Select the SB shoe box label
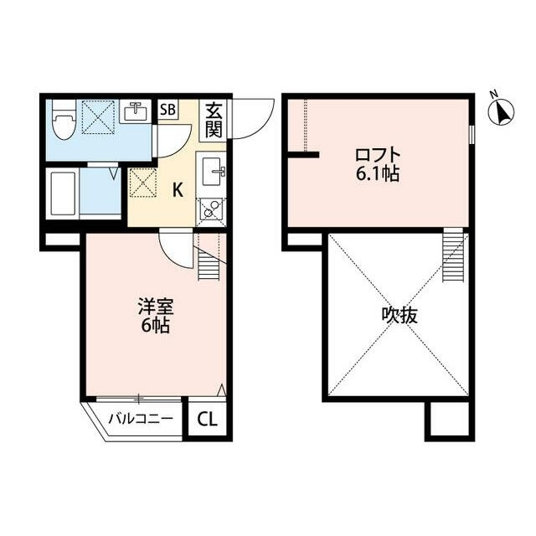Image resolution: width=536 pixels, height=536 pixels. pyautogui.click(x=167, y=111)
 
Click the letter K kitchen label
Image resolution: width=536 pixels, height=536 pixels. pyautogui.click(x=178, y=189)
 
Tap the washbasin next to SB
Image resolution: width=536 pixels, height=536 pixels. pyautogui.click(x=134, y=111)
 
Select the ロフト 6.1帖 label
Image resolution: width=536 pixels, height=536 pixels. pyautogui.click(x=378, y=163)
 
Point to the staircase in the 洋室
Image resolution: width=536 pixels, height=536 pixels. pyautogui.click(x=209, y=260)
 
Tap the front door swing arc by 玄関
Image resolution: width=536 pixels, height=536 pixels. pyautogui.click(x=251, y=119)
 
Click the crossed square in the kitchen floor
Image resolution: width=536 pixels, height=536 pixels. pyautogui.click(x=141, y=182)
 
